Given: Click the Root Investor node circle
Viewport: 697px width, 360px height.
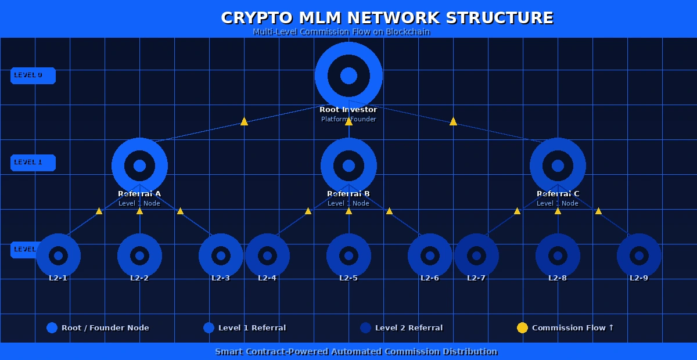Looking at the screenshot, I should (348, 75).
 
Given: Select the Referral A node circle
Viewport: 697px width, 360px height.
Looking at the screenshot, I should (139, 165).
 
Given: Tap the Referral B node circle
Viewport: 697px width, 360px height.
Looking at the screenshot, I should (348, 165).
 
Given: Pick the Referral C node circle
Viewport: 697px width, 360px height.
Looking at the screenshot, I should (558, 165).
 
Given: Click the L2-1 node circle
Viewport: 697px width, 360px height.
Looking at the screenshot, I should (58, 255).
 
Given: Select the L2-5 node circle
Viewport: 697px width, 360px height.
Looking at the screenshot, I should (348, 255).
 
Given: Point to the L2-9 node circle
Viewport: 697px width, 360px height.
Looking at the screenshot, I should (639, 255).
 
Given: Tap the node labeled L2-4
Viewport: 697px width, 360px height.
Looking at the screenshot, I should (267, 255).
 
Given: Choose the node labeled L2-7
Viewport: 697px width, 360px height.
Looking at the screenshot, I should (476, 255).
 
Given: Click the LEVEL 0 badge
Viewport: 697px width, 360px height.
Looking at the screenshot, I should (33, 75).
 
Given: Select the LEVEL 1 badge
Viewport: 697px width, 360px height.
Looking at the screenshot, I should (33, 163).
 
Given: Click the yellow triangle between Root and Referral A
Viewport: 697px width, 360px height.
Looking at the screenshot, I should (244, 121).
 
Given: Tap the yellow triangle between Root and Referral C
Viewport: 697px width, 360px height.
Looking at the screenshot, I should (453, 121).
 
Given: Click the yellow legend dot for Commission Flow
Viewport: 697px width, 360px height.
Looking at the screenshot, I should (522, 327).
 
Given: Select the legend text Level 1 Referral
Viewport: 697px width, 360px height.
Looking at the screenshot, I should (252, 327).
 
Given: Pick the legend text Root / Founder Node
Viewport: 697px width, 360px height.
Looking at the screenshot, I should (105, 327).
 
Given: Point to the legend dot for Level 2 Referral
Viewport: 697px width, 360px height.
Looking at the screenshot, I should (365, 327).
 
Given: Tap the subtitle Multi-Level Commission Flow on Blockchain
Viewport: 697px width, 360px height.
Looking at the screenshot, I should (341, 31).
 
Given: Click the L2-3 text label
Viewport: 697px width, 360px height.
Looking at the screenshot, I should (221, 278).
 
